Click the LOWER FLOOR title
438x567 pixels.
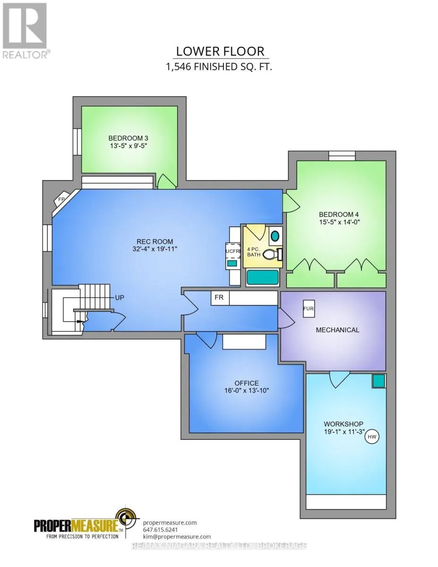coord(220,52)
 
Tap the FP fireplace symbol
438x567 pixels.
coord(62,199)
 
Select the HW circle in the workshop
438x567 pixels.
coord(372,436)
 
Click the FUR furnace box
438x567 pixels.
coord(309,309)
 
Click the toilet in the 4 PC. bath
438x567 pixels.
coord(271,254)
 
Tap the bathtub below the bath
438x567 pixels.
coord(263,277)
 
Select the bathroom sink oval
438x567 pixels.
coord(275,236)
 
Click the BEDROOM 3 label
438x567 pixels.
coord(129,138)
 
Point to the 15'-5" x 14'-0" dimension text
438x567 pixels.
coord(339,222)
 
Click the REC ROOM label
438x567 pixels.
coord(155,241)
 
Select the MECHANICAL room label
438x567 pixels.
coord(337,330)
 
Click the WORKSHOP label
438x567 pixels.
coord(344,424)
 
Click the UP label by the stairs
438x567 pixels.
coord(119,297)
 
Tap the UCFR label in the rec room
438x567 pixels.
coord(232,251)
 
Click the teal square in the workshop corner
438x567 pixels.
coord(378,381)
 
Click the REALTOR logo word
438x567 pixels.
coord(25,54)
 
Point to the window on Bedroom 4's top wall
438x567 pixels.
coord(342,155)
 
